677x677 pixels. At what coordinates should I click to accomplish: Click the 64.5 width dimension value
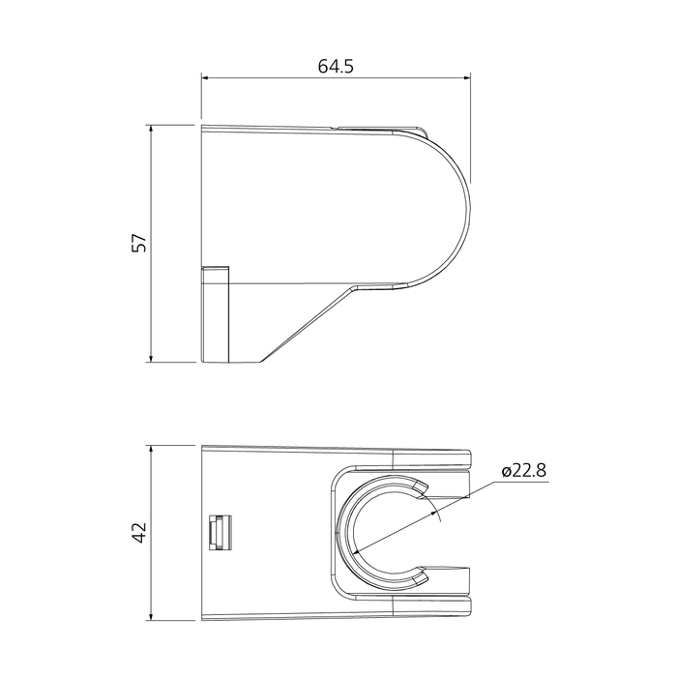click(336, 67)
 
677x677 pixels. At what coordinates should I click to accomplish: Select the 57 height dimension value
click(139, 244)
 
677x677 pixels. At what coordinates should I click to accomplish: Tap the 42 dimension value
click(139, 532)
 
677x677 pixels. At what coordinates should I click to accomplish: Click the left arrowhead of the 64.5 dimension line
click(206, 78)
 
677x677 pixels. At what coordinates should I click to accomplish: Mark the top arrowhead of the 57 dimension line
click(152, 130)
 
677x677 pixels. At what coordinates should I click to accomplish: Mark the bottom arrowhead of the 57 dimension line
click(152, 358)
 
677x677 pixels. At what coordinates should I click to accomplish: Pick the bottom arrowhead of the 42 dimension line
click(152, 615)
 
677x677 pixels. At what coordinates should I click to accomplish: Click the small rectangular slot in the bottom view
click(219, 532)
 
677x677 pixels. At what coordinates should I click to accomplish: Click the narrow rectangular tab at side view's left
click(214, 313)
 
